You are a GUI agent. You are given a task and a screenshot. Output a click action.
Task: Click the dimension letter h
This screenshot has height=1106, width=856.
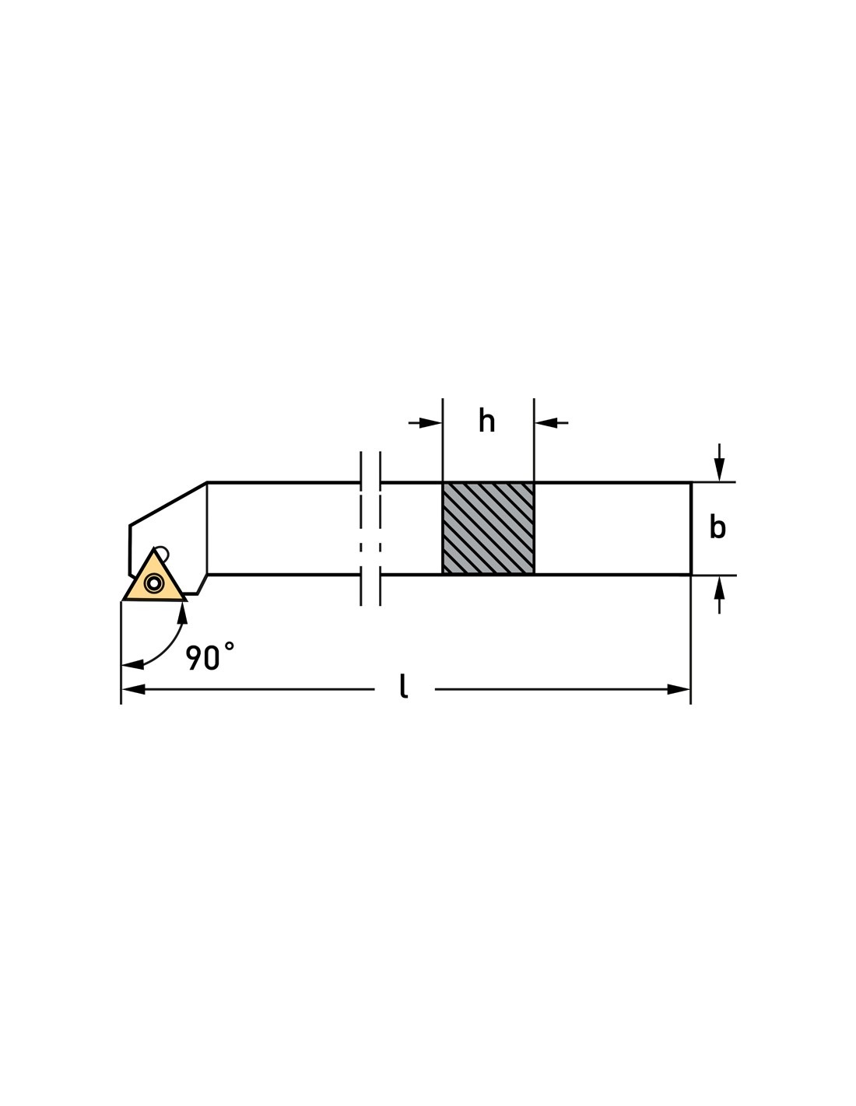[486, 422]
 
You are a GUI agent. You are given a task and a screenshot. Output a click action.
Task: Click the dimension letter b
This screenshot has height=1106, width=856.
[717, 527]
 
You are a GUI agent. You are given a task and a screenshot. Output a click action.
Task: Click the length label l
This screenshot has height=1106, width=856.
[404, 686]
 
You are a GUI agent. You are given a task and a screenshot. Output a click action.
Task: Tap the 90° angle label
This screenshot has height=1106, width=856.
[209, 656]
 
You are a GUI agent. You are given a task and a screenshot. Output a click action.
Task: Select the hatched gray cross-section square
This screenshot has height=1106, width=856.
[488, 528]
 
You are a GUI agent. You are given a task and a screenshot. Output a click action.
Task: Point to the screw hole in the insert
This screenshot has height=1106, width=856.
[153, 583]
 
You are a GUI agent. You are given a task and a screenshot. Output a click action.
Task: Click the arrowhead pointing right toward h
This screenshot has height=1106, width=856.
[430, 422]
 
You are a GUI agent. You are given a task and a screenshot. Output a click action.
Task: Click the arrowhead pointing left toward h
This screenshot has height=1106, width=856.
[546, 422]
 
